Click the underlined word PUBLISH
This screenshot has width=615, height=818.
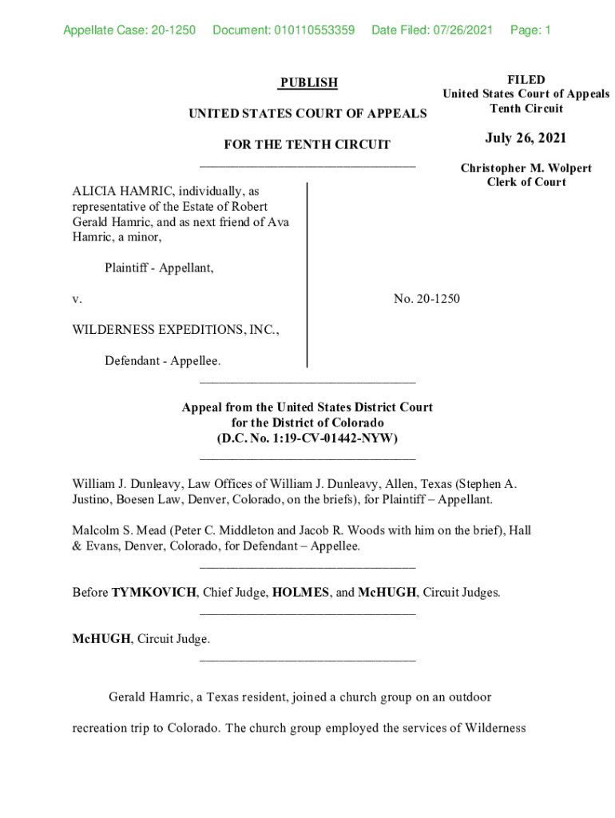coord(308,82)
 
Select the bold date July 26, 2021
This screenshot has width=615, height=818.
coord(526,139)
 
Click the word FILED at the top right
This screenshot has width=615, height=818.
coord(526,80)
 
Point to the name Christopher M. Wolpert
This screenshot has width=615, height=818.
coord(526,168)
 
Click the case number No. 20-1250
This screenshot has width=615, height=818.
coord(427,299)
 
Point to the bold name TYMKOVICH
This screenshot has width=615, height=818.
coord(153,593)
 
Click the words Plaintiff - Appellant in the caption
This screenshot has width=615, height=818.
coord(159,268)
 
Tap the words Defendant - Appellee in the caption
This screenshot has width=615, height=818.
coord(163,361)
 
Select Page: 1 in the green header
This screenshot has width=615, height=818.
coord(530,31)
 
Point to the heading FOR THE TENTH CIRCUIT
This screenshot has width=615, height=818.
coord(307,145)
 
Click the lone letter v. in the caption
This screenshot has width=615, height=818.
coord(77,299)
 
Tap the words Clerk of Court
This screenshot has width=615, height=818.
coord(526,182)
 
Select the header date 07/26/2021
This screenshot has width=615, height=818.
coord(463,31)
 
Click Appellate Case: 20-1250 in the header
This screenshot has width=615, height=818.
coord(129,31)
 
